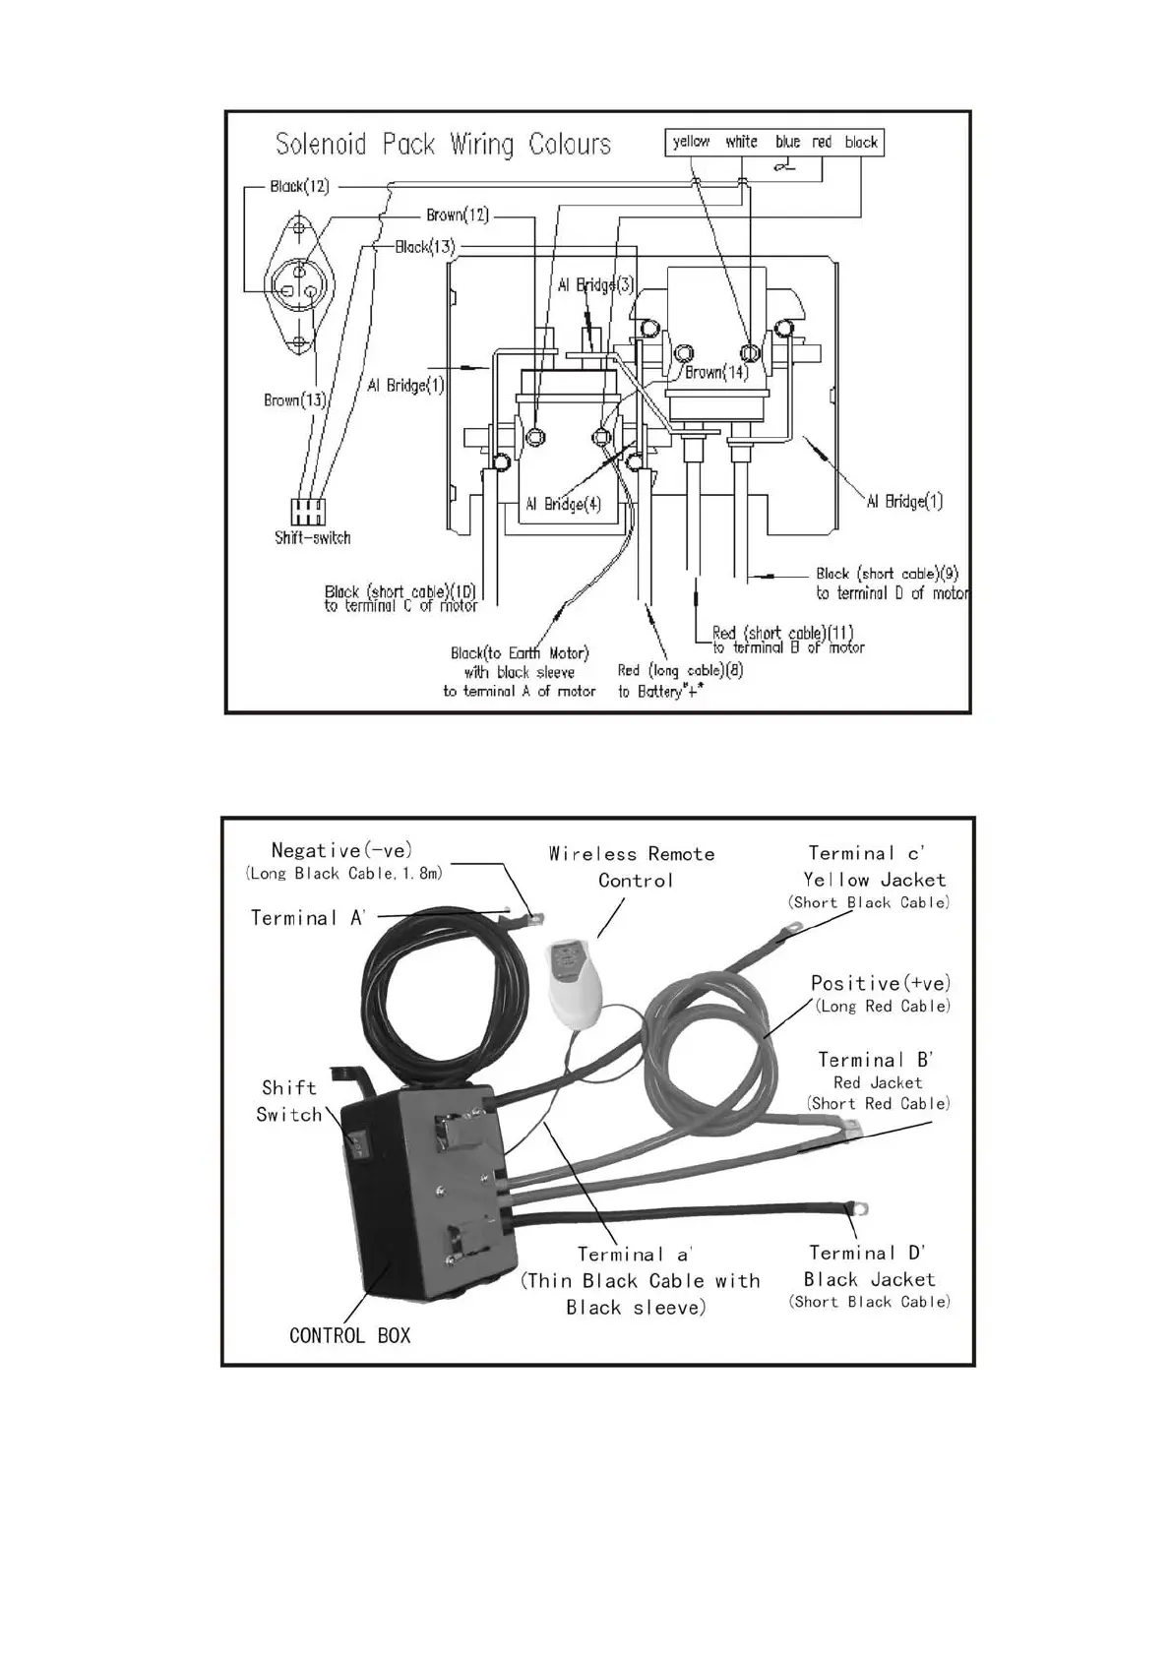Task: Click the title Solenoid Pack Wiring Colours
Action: (443, 145)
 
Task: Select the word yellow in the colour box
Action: (691, 142)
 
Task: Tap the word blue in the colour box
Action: (787, 142)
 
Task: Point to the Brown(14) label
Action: (716, 372)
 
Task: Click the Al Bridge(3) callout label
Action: (595, 285)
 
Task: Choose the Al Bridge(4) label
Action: (562, 504)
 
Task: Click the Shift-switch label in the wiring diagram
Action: (312, 537)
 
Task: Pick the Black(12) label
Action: (299, 186)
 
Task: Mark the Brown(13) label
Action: (294, 399)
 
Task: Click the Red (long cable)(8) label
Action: (680, 670)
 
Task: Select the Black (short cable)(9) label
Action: (887, 573)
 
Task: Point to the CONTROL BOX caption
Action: (349, 1335)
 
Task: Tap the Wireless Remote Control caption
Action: (632, 866)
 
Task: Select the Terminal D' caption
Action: (867, 1253)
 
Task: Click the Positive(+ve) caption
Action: (880, 983)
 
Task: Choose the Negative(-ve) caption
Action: (341, 850)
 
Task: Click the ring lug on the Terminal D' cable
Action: (861, 1207)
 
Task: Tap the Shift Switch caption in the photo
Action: (289, 1101)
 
